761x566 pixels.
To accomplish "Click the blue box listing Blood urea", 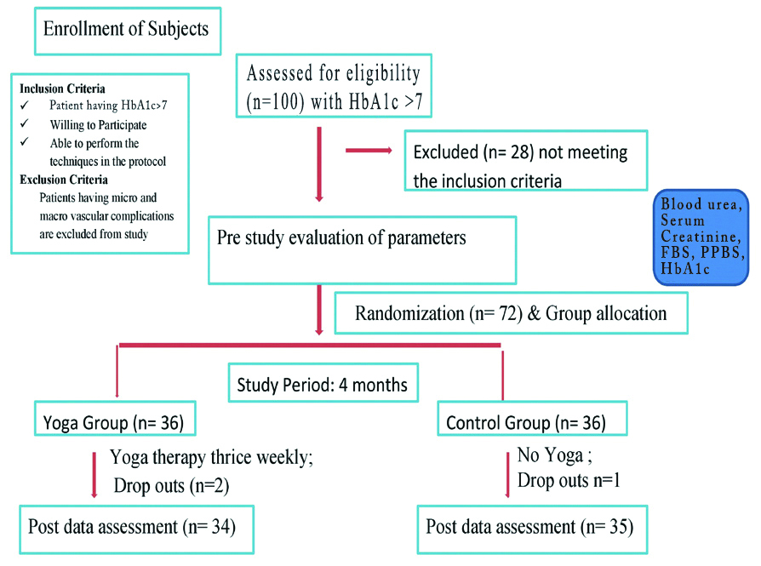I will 701,237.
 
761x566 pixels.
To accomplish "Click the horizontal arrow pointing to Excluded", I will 368,152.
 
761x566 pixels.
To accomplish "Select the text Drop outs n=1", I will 569,480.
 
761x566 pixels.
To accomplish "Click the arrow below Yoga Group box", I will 94,474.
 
